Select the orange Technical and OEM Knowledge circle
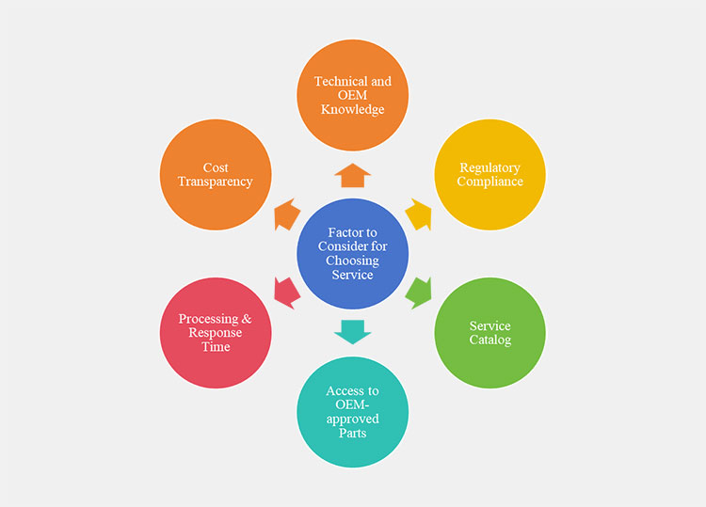click(x=352, y=95)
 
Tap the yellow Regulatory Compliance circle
click(x=489, y=174)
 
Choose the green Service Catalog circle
click(x=489, y=333)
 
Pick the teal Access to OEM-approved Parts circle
click(x=352, y=412)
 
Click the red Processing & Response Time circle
click(x=216, y=333)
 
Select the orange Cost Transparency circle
click(x=216, y=174)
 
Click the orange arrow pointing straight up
click(x=352, y=175)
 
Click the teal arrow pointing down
click(x=352, y=331)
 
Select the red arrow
click(x=286, y=292)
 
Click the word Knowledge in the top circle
click(x=352, y=109)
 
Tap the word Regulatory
click(x=489, y=167)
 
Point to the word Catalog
click(x=490, y=340)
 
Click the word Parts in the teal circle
click(x=352, y=433)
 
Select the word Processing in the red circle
click(x=208, y=319)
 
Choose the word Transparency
click(x=216, y=182)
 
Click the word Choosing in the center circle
click(x=352, y=261)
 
